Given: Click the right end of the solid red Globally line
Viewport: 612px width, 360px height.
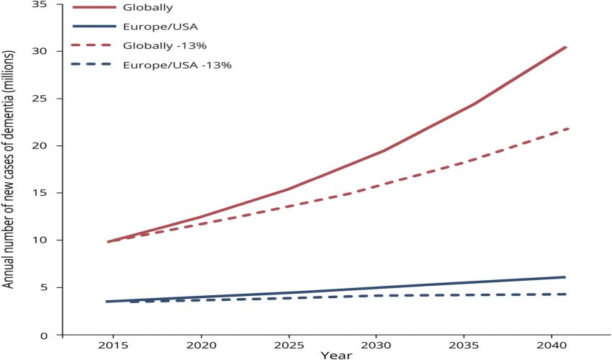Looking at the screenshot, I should pos(566,47).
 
